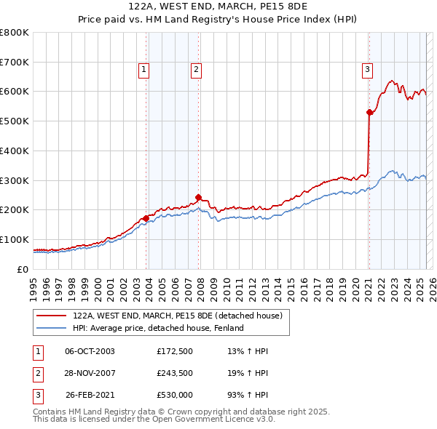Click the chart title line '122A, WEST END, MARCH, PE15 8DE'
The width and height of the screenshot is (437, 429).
(x=218, y=7)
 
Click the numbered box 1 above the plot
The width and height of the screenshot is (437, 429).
(x=144, y=70)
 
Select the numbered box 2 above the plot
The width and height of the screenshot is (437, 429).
(x=197, y=70)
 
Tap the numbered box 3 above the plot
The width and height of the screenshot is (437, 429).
(x=367, y=70)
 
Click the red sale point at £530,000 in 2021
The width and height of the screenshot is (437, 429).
(x=369, y=112)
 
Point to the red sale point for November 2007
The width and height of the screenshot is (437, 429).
(x=198, y=197)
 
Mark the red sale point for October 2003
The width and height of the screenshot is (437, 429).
(x=146, y=217)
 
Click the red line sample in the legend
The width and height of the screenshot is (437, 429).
(x=52, y=316)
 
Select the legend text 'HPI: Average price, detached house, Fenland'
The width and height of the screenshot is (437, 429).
(x=158, y=328)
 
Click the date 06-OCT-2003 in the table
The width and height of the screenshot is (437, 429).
(x=90, y=352)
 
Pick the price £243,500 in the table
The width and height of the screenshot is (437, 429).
(x=175, y=374)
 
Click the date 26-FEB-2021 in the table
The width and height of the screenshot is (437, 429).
(x=90, y=396)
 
